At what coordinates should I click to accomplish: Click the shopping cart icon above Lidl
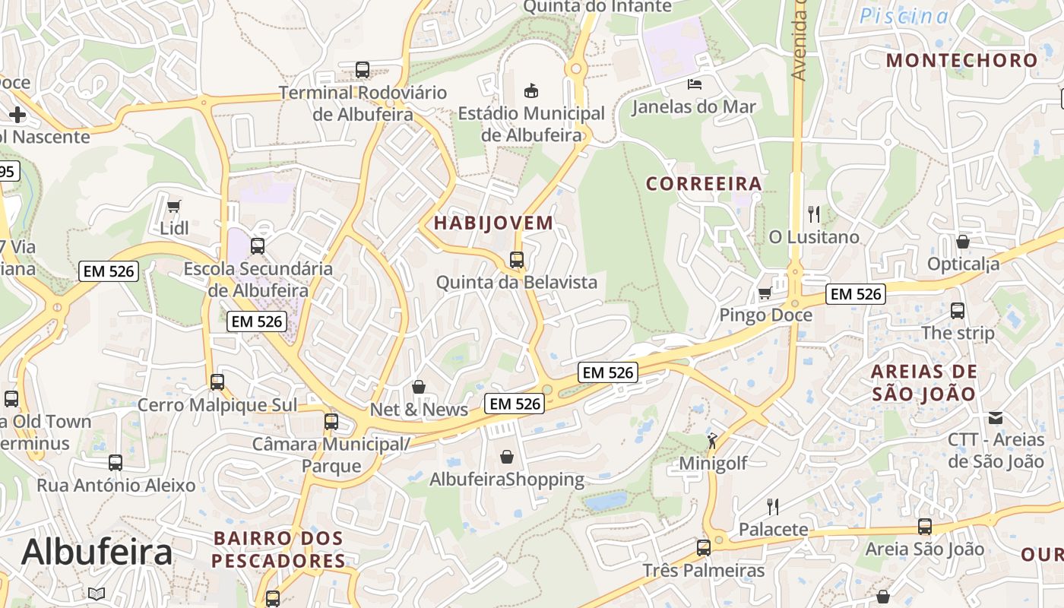(x=173, y=206)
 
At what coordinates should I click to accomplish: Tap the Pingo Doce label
(x=765, y=315)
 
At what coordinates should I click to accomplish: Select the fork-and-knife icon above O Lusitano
(x=814, y=214)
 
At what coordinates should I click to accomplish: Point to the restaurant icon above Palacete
(x=773, y=506)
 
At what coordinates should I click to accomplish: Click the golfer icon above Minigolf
(x=712, y=440)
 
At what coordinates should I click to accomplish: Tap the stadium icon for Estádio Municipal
(x=531, y=90)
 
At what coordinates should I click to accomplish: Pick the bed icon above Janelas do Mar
(x=694, y=84)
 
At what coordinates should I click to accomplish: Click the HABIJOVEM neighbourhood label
(x=493, y=223)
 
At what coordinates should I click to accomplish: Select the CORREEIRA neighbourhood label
(x=704, y=184)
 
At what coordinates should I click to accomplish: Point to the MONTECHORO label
(x=961, y=60)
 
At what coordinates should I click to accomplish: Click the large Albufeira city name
(x=97, y=553)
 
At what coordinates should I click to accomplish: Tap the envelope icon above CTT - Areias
(x=996, y=417)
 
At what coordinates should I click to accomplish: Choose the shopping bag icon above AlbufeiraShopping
(x=507, y=457)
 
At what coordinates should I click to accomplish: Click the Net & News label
(x=419, y=410)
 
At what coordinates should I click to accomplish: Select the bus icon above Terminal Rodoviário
(x=363, y=70)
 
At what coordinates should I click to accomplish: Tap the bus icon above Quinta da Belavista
(x=517, y=260)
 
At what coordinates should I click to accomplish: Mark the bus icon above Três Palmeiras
(x=704, y=547)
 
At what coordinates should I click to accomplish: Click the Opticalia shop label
(x=963, y=264)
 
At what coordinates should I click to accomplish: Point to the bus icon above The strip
(x=958, y=311)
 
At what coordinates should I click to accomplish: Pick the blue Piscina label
(x=904, y=16)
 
